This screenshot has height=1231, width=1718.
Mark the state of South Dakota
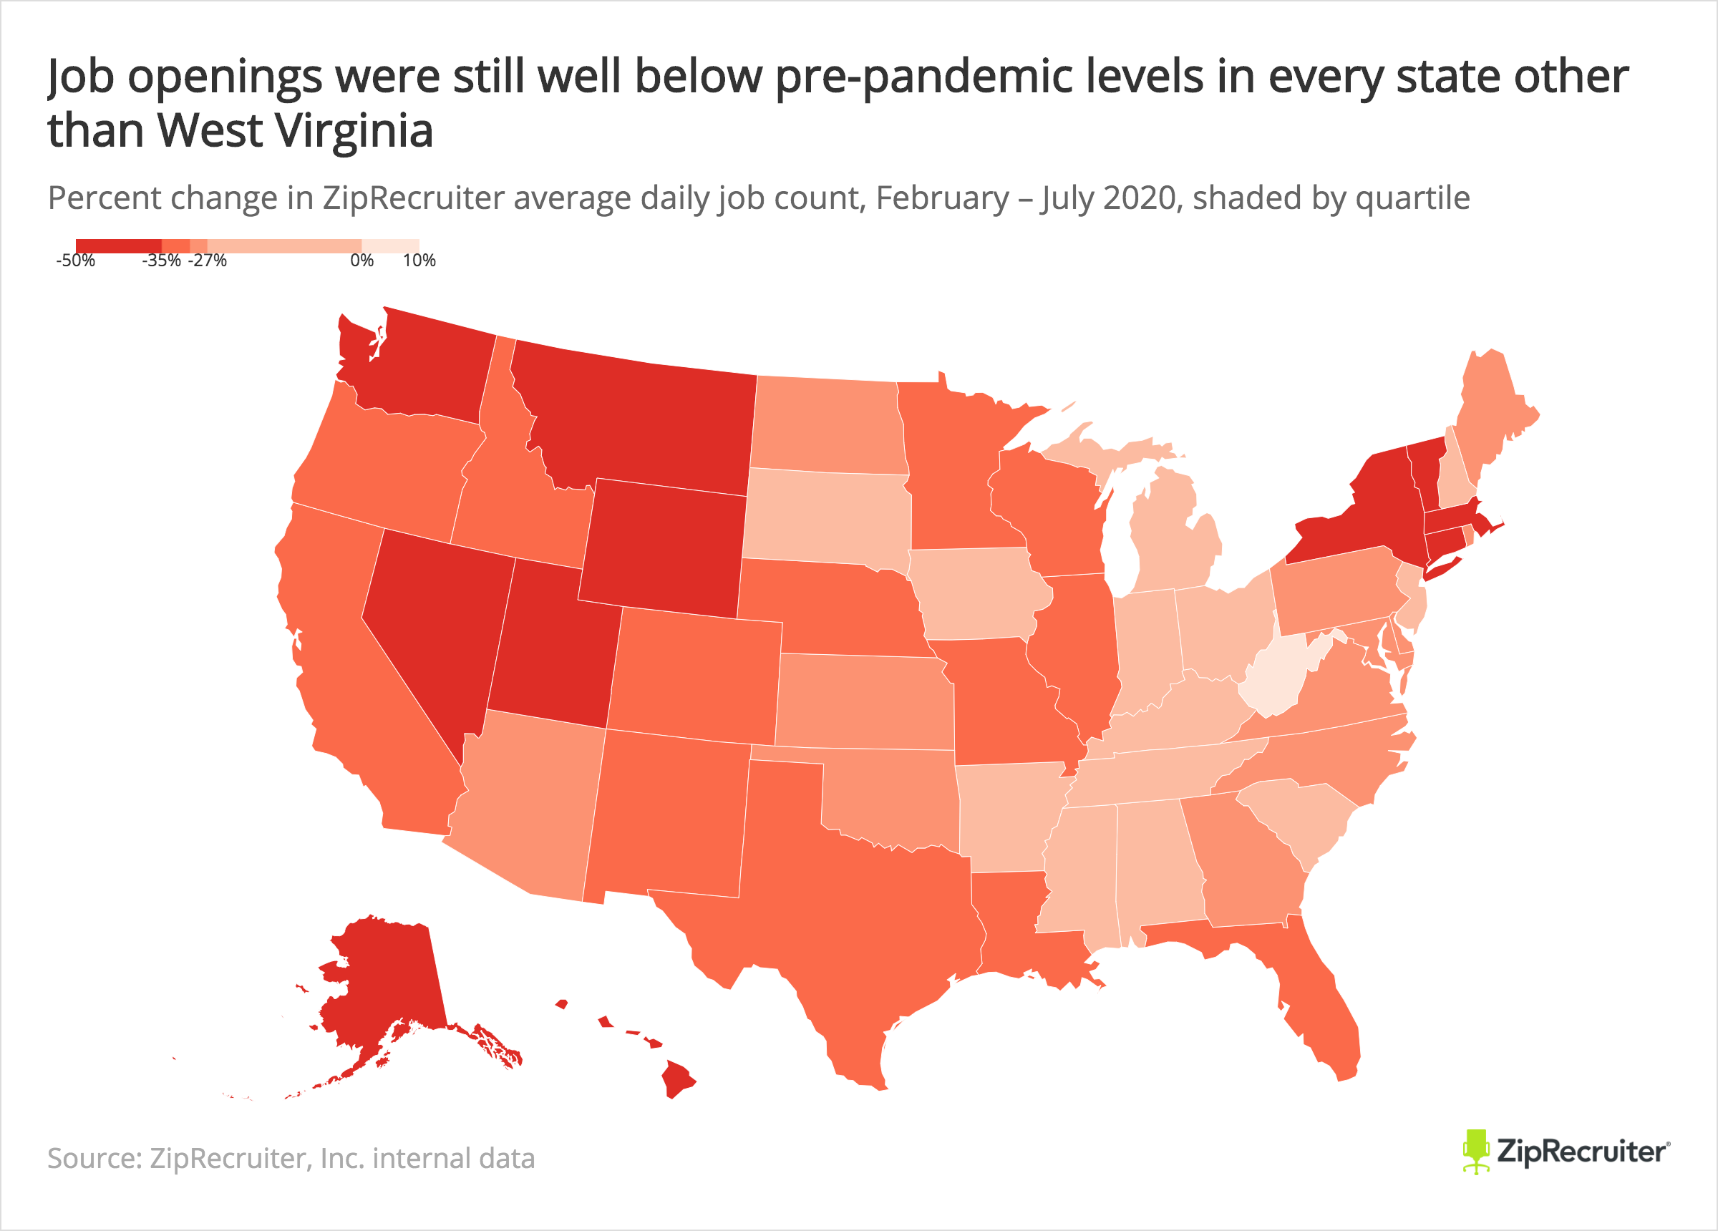[x=825, y=519]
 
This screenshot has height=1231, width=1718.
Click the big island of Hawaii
[x=677, y=1079]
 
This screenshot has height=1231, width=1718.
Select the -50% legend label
[x=76, y=261]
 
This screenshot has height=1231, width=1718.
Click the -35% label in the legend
[x=161, y=261]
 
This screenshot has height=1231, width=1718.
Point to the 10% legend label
[x=419, y=261]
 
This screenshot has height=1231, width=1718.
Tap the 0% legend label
[x=361, y=261]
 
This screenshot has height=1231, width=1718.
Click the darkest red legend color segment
[x=118, y=245]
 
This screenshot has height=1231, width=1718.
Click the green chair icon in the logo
[x=1475, y=1151]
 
